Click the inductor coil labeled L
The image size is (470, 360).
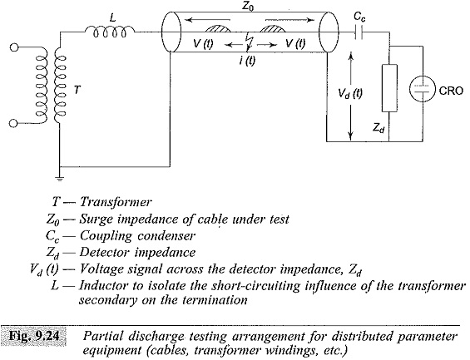click(110, 32)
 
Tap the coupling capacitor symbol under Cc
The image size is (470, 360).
click(359, 32)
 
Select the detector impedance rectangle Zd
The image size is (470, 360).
click(389, 88)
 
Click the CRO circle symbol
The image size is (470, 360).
click(423, 89)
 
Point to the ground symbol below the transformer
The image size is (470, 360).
click(60, 179)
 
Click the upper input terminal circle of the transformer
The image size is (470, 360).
click(14, 47)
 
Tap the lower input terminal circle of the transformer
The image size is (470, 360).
click(13, 123)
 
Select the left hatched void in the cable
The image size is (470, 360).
click(218, 28)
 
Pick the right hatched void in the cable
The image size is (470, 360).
click(272, 28)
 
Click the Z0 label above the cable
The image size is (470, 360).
click(248, 7)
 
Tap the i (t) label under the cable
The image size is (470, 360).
click(247, 61)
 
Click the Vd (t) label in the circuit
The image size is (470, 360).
click(350, 94)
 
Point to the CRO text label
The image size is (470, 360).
click(451, 90)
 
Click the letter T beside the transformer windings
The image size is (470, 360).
click(77, 90)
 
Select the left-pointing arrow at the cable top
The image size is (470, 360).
click(208, 20)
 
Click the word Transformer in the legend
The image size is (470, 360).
click(116, 202)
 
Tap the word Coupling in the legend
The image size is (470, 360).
click(106, 236)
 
